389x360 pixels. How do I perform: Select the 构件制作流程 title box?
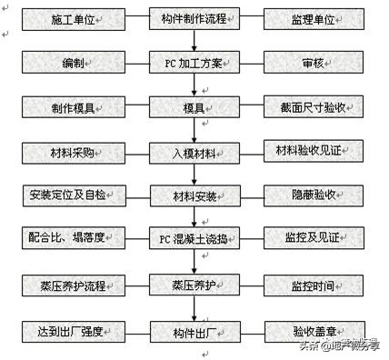[194, 19]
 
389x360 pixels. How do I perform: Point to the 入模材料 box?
[194, 152]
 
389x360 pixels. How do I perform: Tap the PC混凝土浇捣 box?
[194, 239]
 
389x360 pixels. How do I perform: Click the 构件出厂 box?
[194, 330]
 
